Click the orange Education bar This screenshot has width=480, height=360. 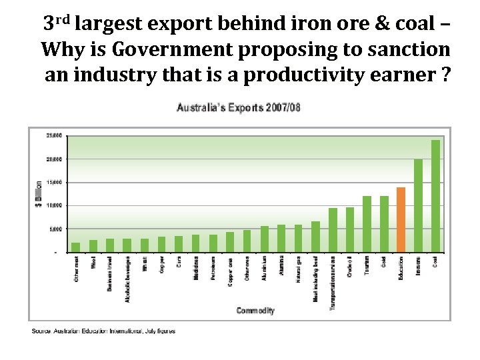click(x=401, y=219)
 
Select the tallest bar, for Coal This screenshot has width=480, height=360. click(x=435, y=196)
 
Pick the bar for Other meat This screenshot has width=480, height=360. click(x=75, y=247)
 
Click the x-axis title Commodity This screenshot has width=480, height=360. click(x=255, y=311)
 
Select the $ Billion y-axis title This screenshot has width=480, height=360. click(x=39, y=194)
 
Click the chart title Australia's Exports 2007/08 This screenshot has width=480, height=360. click(x=238, y=107)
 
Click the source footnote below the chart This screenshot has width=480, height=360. click(x=103, y=331)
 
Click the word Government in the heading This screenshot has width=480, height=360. click(x=175, y=50)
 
